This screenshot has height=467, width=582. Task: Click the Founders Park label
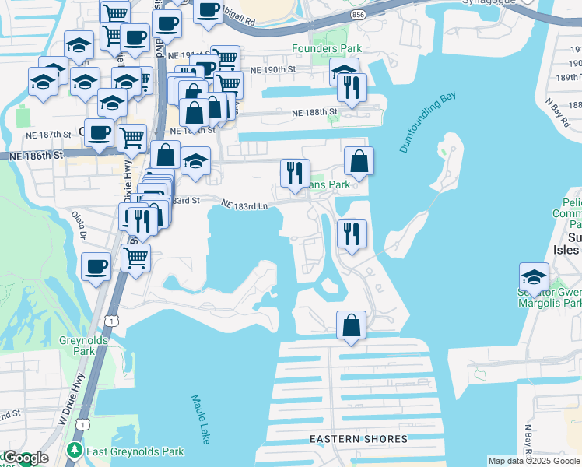click(327, 48)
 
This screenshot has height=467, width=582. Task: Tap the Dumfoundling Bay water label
click(427, 122)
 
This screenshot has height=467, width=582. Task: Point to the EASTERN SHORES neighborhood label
click(359, 439)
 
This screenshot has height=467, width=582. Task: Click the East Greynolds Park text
click(135, 451)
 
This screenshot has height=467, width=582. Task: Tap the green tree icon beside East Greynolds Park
click(75, 451)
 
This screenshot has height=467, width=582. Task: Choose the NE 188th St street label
click(314, 112)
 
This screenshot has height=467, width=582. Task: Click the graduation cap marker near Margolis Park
click(534, 277)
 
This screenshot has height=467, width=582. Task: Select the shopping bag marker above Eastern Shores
click(351, 325)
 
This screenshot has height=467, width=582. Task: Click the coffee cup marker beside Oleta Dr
click(96, 267)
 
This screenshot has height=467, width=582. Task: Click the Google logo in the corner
click(26, 458)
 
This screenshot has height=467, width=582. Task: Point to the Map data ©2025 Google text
click(534, 461)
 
